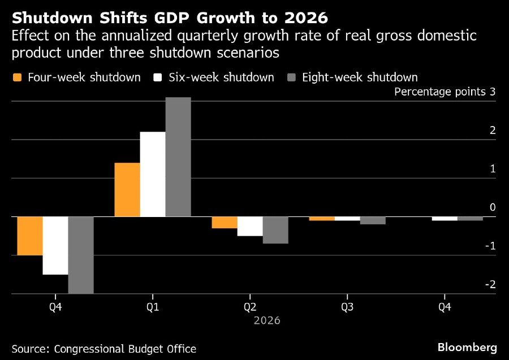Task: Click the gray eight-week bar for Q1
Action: (x=178, y=157)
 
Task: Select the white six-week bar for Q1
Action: (x=153, y=174)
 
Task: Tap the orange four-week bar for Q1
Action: (x=127, y=189)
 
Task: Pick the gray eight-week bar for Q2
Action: (x=275, y=230)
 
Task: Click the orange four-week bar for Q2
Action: (x=225, y=222)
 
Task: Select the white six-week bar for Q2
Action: (x=250, y=226)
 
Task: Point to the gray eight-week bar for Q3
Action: (x=373, y=220)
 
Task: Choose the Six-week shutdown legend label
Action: (x=221, y=77)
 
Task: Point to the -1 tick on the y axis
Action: (x=491, y=246)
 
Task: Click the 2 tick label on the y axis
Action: (x=493, y=131)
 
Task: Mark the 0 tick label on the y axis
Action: (x=493, y=207)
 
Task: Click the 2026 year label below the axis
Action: (x=266, y=320)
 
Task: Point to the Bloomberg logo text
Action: (x=467, y=347)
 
